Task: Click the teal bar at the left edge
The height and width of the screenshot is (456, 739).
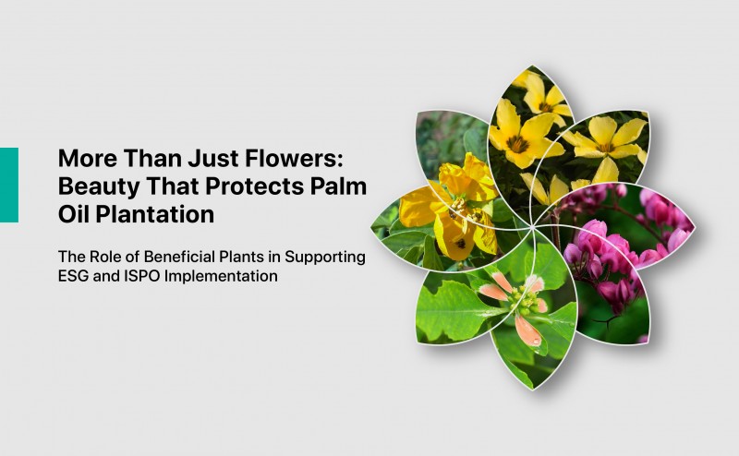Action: pos(8,185)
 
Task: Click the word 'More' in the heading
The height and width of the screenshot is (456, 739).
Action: pos(82,156)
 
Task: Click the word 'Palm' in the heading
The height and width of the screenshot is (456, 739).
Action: pos(340,186)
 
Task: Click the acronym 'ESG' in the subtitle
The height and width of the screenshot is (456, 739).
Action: pos(75,276)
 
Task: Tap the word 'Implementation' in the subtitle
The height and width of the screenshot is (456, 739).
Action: pos(223,276)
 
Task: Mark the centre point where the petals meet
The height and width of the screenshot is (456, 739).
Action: pos(533,225)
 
